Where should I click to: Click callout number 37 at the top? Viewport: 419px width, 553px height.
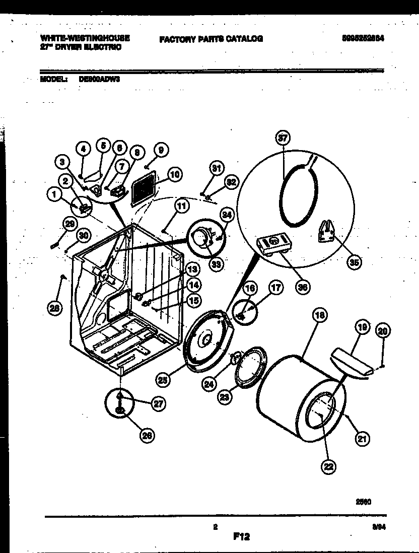click(x=284, y=138)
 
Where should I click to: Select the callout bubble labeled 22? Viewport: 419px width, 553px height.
click(x=329, y=467)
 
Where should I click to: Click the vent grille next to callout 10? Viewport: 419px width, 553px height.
click(x=144, y=191)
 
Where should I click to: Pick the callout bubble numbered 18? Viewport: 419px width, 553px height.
click(x=319, y=316)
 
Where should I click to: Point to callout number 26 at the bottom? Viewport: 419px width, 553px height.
click(x=147, y=437)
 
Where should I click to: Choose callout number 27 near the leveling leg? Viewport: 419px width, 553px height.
click(x=159, y=403)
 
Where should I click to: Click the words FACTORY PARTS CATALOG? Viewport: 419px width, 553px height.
click(x=211, y=38)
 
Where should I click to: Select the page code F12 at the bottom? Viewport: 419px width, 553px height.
click(x=241, y=537)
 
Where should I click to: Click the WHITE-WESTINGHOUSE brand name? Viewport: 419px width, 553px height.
click(x=84, y=38)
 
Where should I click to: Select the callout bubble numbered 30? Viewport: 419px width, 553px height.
click(x=83, y=235)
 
